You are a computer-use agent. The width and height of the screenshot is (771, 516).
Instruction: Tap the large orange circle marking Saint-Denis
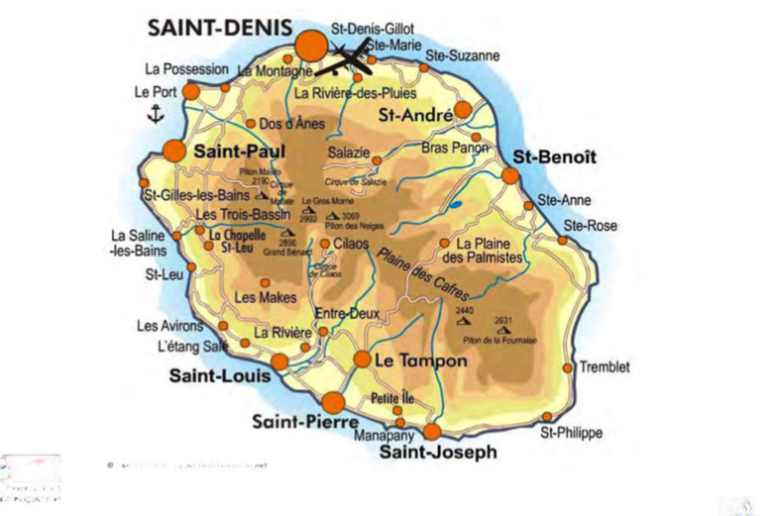[311, 45]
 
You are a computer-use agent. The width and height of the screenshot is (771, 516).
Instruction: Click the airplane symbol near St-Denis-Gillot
[349, 60]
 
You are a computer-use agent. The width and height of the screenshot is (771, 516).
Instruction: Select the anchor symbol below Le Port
[154, 115]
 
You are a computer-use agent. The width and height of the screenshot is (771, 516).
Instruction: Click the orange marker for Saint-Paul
[174, 152]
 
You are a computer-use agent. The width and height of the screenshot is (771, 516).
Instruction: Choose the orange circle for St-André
[463, 110]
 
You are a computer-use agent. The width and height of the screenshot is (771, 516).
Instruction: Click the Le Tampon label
[420, 361]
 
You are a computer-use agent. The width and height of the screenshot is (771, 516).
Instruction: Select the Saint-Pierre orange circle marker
[333, 402]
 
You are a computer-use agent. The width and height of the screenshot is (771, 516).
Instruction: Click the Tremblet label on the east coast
[605, 366]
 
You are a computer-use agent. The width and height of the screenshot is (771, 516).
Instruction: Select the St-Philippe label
[571, 434]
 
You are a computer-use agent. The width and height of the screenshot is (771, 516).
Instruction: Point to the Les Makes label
[260, 296]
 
